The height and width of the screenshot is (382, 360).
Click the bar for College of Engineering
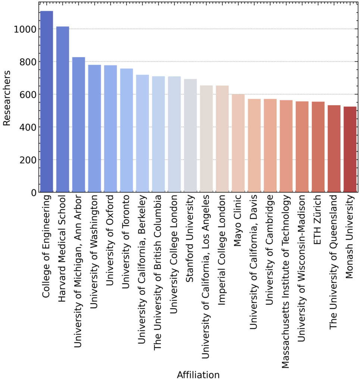47,102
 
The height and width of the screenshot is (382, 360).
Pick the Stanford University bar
190,136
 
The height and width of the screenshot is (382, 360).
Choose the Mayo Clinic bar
238,143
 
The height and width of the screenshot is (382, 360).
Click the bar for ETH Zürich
318,147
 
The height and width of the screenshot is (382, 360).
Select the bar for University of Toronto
126,131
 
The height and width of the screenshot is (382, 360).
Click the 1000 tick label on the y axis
25,29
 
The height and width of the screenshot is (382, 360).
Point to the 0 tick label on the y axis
33,192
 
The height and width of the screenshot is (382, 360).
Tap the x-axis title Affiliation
198,375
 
